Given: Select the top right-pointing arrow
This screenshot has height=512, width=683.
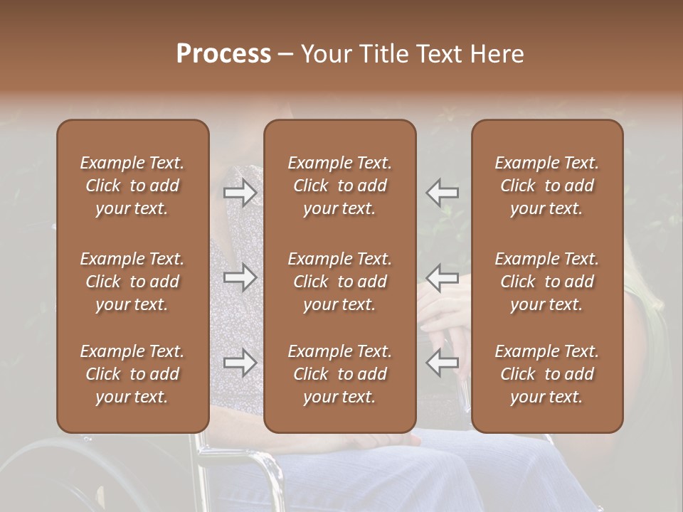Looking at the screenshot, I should (x=240, y=192).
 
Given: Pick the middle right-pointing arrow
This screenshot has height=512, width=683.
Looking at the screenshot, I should (x=240, y=277).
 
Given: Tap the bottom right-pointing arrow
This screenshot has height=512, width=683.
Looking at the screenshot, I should (x=240, y=363).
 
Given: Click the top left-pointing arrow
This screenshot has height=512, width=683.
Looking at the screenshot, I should (x=442, y=192).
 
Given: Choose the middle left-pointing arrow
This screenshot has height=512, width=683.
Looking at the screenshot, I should (x=442, y=277).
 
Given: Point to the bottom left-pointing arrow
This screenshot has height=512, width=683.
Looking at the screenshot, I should (x=442, y=363).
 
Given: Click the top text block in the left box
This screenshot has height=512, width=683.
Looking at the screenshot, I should (x=132, y=186).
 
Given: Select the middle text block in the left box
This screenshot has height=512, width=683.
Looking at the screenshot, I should (x=132, y=282).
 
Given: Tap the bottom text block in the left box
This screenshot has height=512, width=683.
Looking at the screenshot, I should (x=132, y=374).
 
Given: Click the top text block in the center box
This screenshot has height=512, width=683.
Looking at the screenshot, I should (x=340, y=186).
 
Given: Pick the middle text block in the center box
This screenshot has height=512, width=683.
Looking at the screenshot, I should (x=340, y=282).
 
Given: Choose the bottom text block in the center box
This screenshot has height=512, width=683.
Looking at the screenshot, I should (x=340, y=374).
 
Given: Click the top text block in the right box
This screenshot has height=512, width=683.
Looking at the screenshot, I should (x=547, y=186).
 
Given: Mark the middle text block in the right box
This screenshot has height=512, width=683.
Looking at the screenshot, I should (x=547, y=282).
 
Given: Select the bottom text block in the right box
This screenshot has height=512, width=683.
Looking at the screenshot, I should (x=547, y=374).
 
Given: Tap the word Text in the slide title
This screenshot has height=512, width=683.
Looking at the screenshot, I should (x=442, y=55).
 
